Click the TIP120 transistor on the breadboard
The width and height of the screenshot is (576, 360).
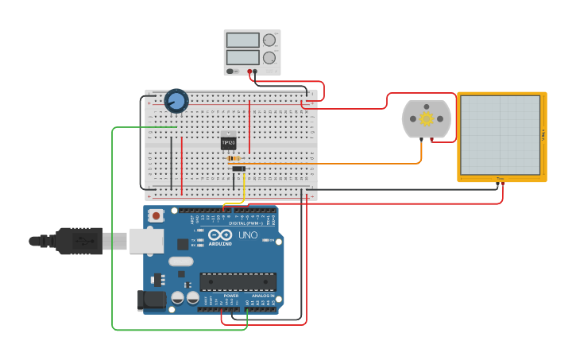[228, 142]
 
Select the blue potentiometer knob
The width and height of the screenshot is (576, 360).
[176, 101]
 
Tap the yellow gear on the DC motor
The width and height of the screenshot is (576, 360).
[427, 119]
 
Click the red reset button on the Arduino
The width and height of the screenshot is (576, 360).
[157, 215]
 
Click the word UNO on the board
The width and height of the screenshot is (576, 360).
[248, 235]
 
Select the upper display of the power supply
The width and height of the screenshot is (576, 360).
[242, 41]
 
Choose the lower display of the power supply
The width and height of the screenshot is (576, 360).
[242, 57]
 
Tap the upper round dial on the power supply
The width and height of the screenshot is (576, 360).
[269, 40]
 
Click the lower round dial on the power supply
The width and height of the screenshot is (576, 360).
[269, 57]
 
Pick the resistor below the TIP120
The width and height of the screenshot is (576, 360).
[235, 158]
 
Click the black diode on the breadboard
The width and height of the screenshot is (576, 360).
[238, 168]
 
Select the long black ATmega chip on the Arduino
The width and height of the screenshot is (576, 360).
[238, 281]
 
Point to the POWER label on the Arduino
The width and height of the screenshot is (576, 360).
[230, 296]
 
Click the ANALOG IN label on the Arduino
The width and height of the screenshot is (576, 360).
[263, 296]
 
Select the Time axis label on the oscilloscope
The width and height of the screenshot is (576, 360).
[500, 178]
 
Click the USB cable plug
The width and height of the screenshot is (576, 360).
[79, 240]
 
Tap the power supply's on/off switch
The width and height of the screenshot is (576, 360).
[231, 71]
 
